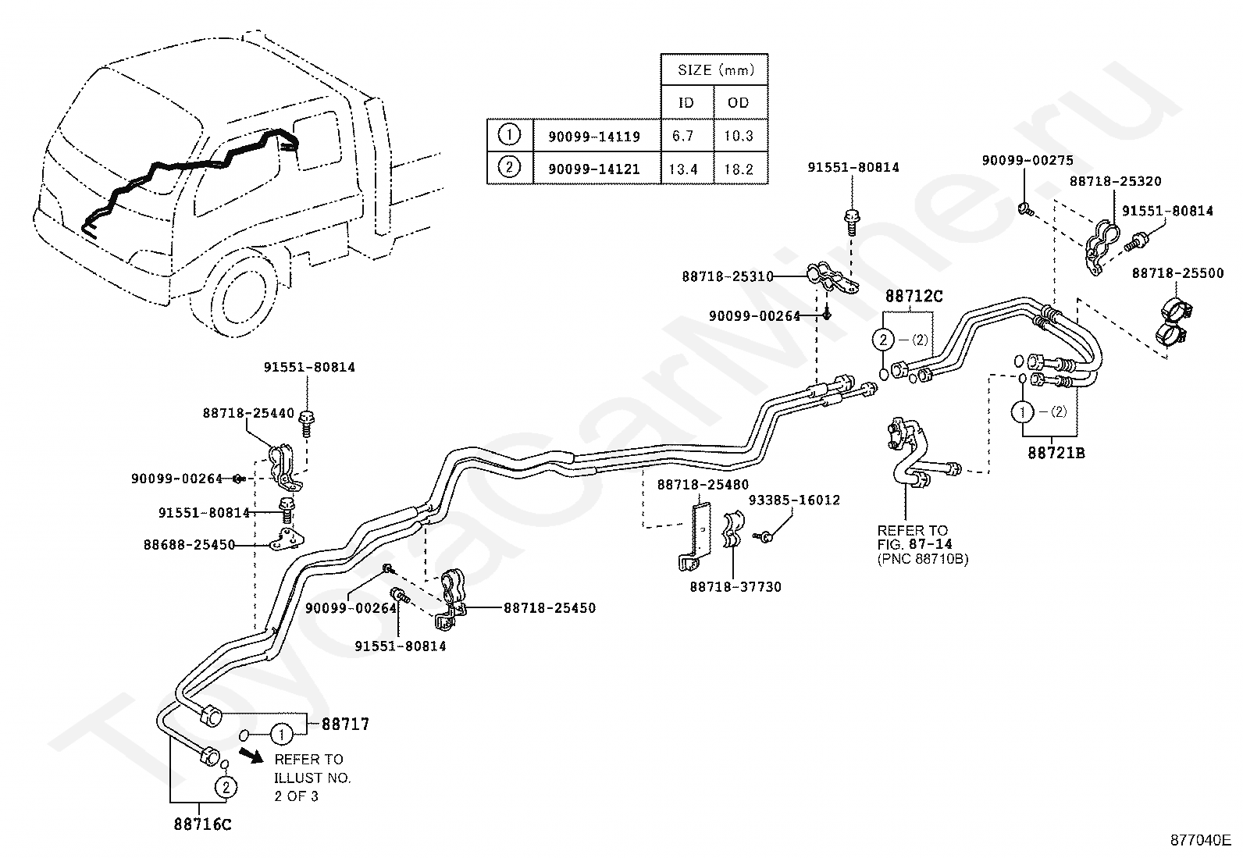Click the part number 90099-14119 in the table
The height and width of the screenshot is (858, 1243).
click(593, 137)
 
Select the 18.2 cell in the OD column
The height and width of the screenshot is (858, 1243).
click(739, 169)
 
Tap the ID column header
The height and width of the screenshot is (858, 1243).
click(686, 103)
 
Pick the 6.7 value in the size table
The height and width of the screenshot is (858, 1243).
click(683, 136)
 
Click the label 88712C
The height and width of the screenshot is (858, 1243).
click(914, 297)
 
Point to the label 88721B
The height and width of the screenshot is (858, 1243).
click(1056, 453)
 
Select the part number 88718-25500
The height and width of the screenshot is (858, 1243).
click(1177, 273)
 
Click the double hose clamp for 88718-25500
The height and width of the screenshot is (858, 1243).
click(1174, 322)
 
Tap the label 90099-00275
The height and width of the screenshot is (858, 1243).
click(1028, 160)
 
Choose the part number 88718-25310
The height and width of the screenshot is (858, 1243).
click(728, 276)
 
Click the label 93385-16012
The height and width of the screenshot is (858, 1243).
click(794, 500)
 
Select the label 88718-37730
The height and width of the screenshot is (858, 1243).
click(735, 586)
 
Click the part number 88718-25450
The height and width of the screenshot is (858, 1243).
click(550, 607)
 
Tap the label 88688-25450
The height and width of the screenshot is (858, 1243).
click(189, 544)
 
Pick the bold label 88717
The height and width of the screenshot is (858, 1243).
click(345, 724)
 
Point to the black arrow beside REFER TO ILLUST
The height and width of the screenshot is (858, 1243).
click(251, 755)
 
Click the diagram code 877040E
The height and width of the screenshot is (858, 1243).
click(1201, 840)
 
